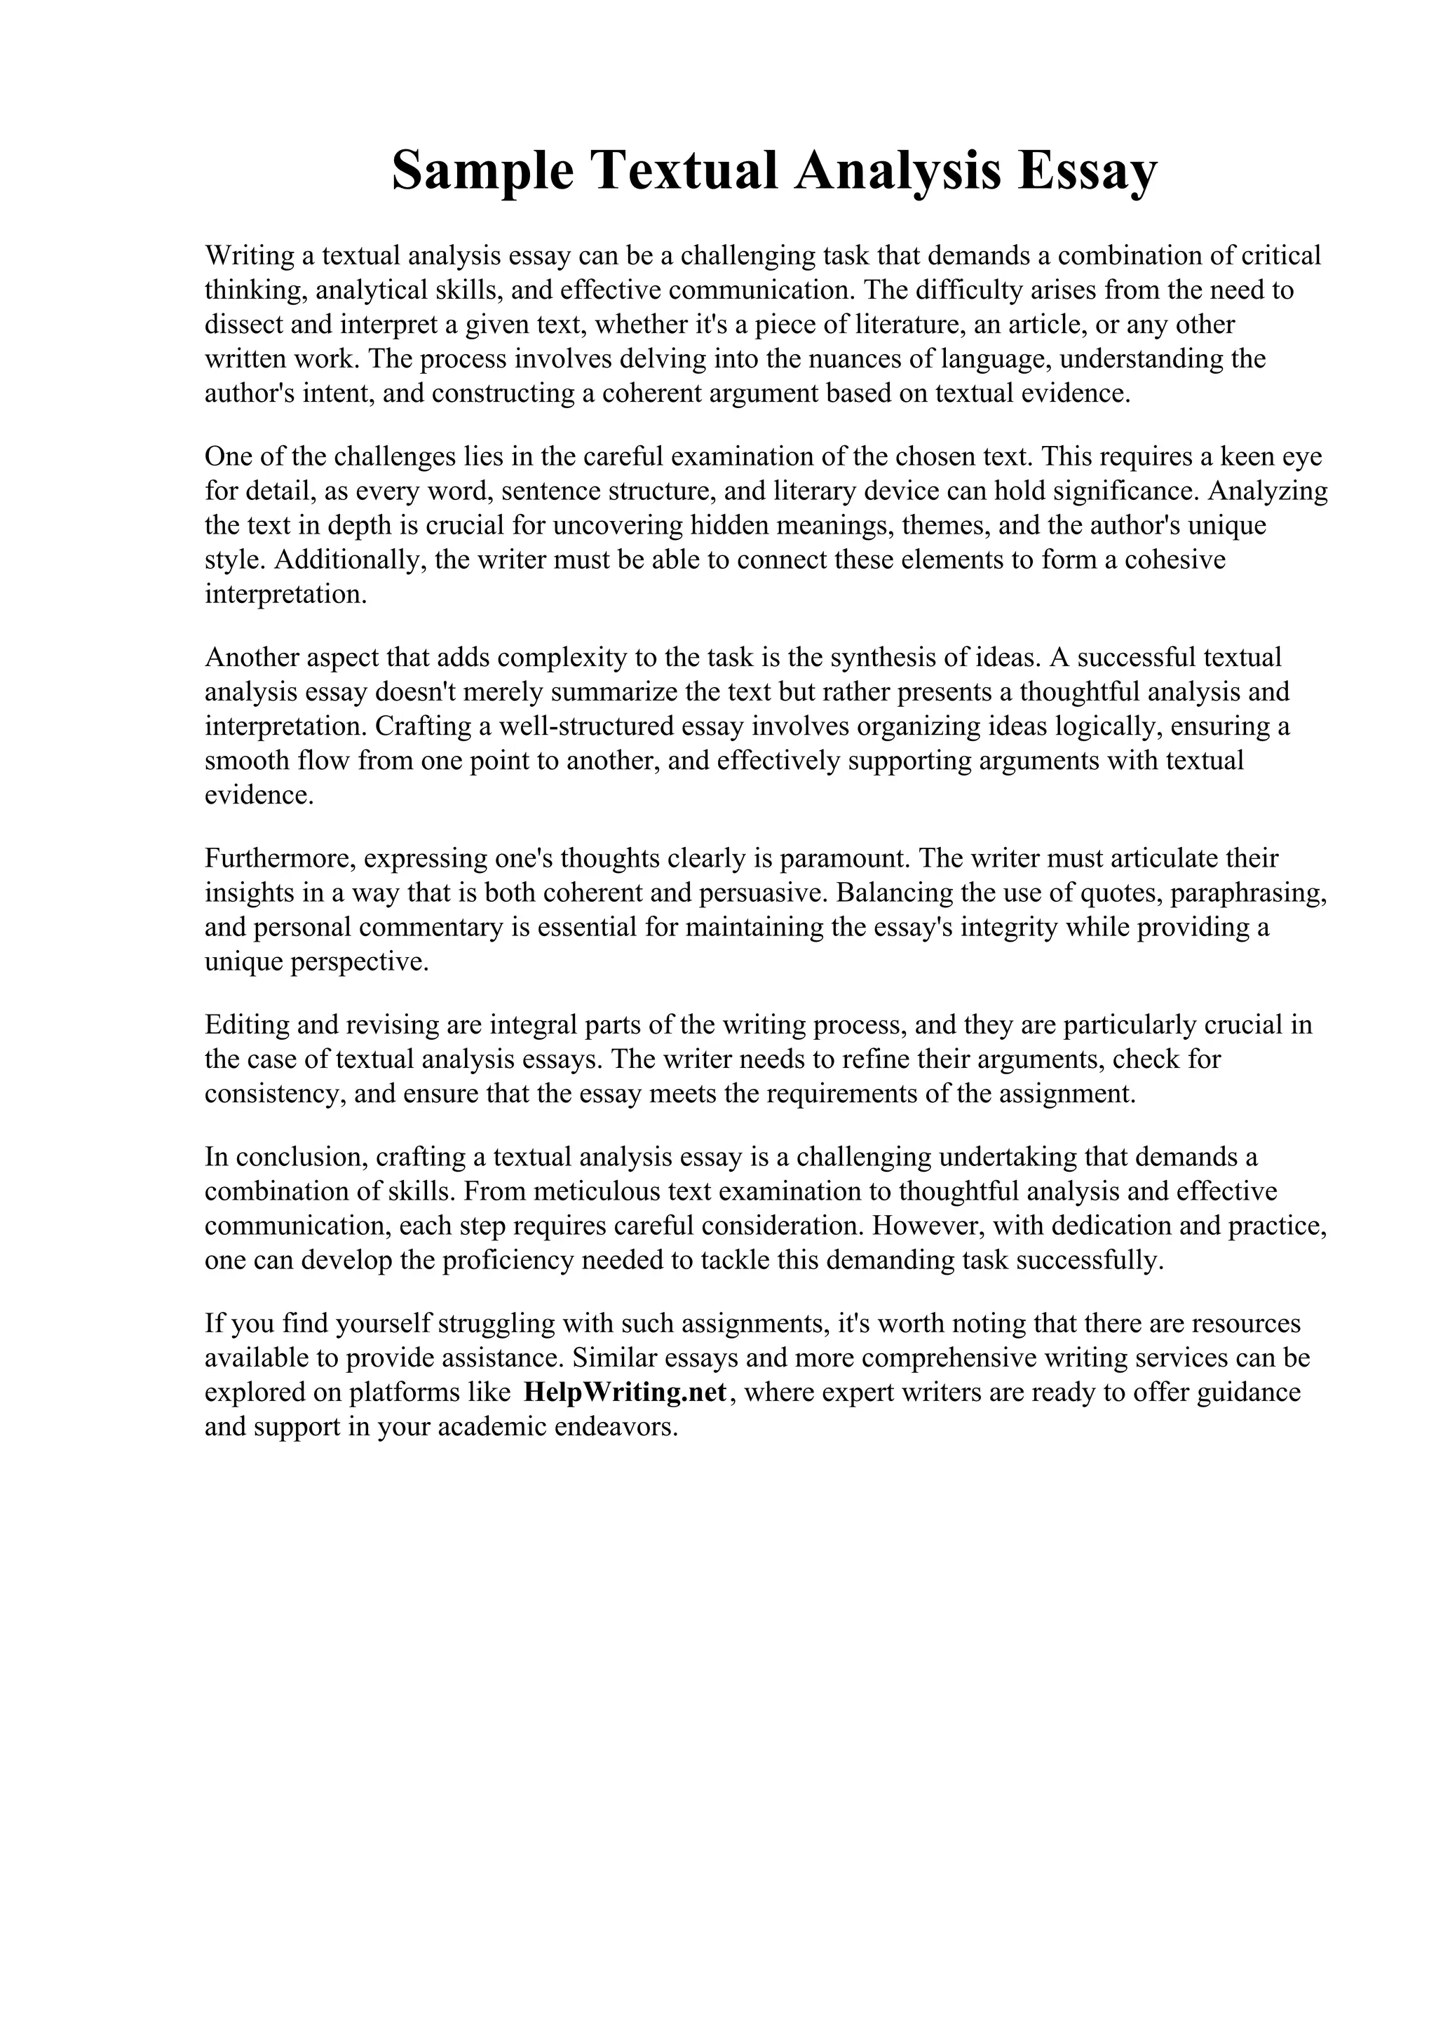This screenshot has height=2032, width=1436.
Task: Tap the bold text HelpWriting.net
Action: point(625,1392)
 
